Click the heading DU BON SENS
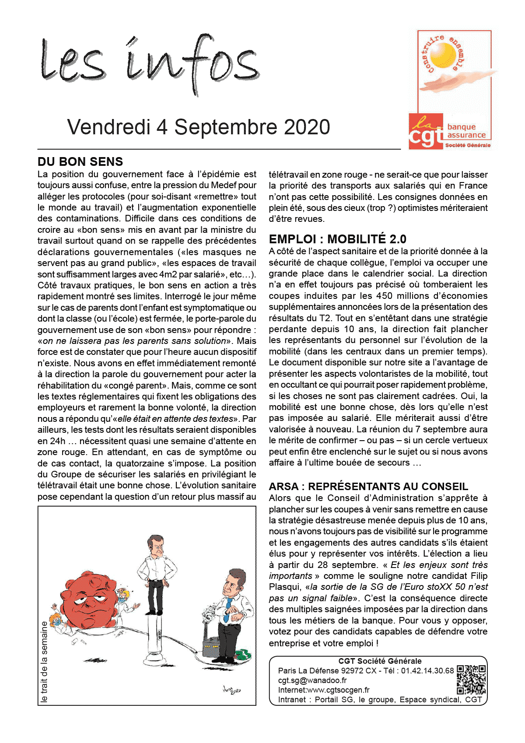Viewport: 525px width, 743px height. point(80,161)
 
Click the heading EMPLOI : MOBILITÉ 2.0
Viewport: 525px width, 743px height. point(337,239)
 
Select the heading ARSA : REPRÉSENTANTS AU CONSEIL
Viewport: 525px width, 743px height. point(368,486)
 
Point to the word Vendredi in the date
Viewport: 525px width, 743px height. point(109,127)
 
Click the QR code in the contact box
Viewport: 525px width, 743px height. point(471,680)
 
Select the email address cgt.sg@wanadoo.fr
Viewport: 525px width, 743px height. point(312,680)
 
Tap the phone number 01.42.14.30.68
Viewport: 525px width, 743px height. point(427,670)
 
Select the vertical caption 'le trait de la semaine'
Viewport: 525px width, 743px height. point(44,662)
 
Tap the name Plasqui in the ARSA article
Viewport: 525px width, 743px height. point(285,587)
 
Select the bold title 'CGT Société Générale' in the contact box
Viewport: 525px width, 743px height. point(380,661)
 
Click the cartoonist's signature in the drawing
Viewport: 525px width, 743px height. point(232,690)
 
